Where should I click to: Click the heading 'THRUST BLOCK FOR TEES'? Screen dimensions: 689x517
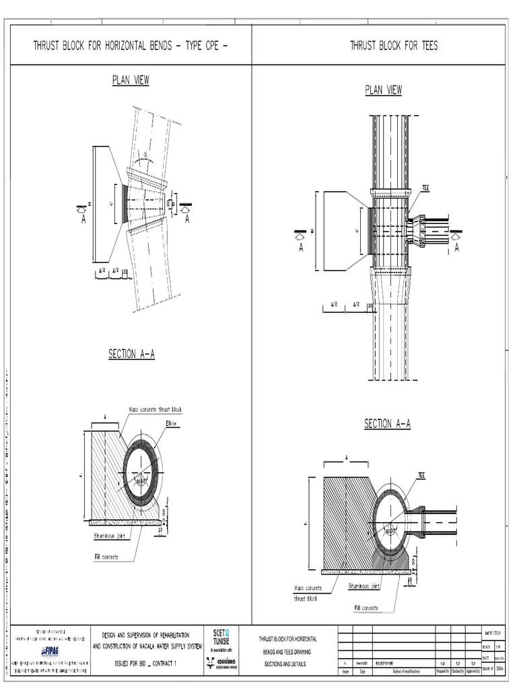click(394, 46)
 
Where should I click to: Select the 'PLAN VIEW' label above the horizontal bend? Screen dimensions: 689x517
click(130, 81)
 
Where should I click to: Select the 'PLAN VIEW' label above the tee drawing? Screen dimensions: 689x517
click(384, 90)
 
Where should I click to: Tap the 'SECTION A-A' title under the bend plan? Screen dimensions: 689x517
click(131, 355)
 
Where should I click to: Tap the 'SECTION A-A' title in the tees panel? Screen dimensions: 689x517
click(387, 424)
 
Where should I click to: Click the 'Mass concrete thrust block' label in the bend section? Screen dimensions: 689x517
click(155, 410)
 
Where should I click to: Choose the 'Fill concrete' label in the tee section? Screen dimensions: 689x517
click(366, 608)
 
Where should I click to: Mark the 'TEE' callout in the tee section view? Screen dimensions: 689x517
click(421, 475)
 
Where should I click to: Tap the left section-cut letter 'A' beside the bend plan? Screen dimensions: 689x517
click(83, 219)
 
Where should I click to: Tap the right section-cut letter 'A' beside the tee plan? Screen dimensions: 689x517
click(456, 248)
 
